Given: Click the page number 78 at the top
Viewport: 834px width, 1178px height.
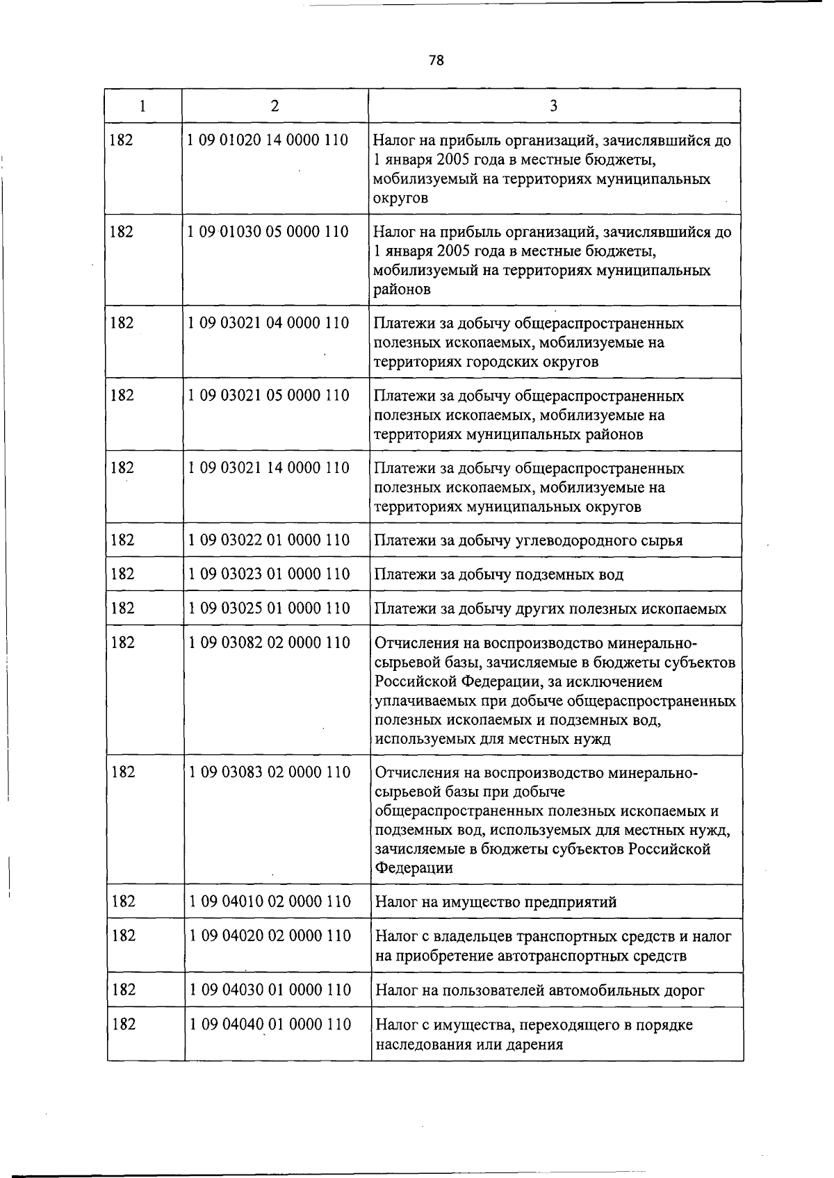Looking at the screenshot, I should (x=436, y=60).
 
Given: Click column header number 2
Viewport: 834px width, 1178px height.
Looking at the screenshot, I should (x=275, y=106).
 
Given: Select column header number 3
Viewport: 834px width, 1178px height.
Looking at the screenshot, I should (x=553, y=106).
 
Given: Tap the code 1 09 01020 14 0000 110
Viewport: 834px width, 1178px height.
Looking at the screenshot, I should (x=268, y=140).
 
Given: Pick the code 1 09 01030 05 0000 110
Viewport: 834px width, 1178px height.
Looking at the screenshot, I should (x=268, y=231).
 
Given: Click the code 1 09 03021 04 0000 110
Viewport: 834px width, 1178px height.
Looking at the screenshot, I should (x=268, y=323).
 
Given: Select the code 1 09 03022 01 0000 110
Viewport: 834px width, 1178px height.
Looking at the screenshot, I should (x=269, y=540).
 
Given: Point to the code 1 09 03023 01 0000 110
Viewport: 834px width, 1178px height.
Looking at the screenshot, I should (x=269, y=574).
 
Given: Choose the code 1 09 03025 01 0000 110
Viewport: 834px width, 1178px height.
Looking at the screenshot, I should (x=269, y=608).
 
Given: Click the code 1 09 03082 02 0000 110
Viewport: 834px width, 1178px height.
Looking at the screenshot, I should (x=270, y=642).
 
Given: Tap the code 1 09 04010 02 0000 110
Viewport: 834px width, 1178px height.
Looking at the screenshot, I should (x=270, y=902).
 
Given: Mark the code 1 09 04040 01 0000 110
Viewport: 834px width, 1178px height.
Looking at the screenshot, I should (x=270, y=1024).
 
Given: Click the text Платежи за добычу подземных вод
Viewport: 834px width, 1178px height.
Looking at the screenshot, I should (x=499, y=574).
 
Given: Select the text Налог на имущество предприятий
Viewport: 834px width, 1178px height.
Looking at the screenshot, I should (x=496, y=902).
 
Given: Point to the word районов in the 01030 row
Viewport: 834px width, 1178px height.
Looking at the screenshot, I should (x=402, y=290).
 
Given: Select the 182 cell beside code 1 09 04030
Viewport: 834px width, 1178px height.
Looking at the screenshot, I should (x=123, y=990).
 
